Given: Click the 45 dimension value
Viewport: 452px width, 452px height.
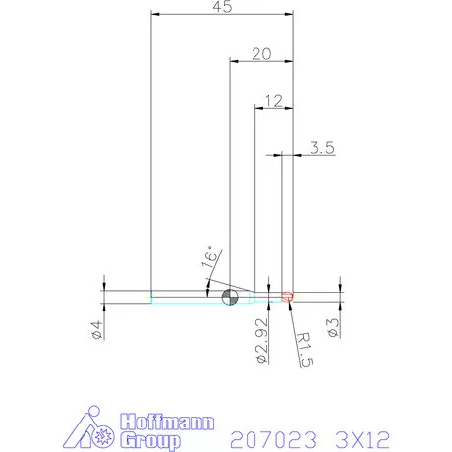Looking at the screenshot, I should (x=221, y=8).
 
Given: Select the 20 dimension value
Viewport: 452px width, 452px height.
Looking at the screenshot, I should (x=260, y=54).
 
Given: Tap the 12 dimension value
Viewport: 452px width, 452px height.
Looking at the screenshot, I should (x=273, y=99).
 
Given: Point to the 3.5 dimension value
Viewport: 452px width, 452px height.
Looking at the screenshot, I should (x=322, y=148).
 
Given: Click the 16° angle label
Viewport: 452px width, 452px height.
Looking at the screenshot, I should (x=208, y=258).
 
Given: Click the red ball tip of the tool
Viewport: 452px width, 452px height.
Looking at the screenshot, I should (x=288, y=296).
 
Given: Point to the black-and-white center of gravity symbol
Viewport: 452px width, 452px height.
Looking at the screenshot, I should (x=230, y=298).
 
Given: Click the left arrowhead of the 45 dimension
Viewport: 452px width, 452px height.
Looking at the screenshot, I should (x=154, y=14).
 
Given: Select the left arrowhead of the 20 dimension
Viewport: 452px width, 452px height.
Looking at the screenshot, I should (x=233, y=61).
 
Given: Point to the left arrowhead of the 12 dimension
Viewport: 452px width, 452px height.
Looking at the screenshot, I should (x=258, y=106).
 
